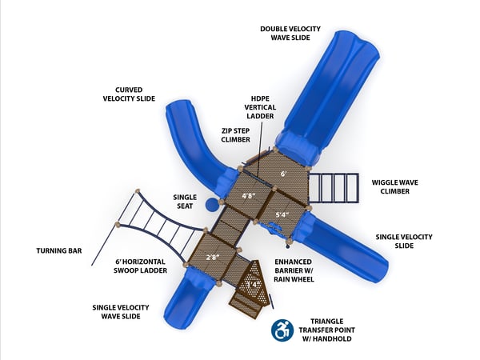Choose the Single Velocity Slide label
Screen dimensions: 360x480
click(404, 242)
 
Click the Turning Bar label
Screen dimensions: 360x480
click(58, 251)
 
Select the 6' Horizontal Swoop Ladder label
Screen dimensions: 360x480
click(141, 266)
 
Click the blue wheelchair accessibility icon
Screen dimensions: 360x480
click(282, 330)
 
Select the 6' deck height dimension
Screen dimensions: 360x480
click(282, 173)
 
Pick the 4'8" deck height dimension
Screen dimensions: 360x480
click(250, 195)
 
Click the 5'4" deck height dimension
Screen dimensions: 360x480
click(282, 214)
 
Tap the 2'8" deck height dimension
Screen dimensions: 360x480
click(212, 257)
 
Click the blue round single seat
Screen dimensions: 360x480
click(211, 205)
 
